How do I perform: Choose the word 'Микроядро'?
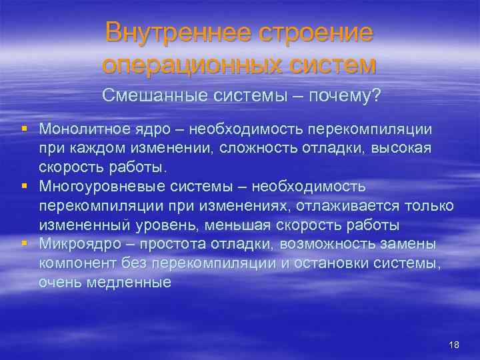point(75,244)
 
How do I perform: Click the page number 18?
point(455,344)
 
